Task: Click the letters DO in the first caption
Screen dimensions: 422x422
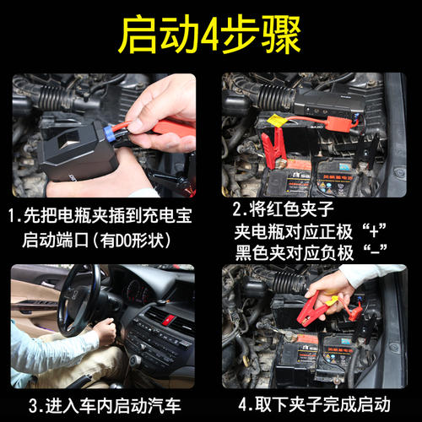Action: pos(123,239)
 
